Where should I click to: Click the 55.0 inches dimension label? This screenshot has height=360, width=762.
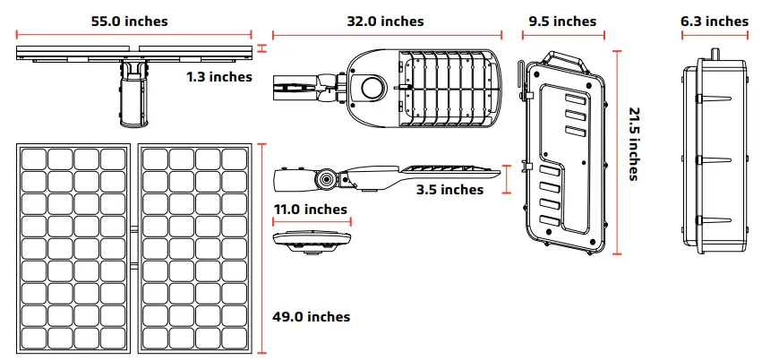click(129, 21)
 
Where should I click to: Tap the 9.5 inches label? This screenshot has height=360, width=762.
click(561, 21)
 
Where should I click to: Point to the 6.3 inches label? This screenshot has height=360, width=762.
click(714, 21)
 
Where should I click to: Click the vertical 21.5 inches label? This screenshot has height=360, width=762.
click(633, 144)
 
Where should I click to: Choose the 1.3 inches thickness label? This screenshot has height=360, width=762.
click(219, 77)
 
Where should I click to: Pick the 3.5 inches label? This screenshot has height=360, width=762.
click(449, 189)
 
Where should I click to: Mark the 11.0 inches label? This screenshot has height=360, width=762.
click(310, 210)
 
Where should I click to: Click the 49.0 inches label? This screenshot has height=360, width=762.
click(311, 317)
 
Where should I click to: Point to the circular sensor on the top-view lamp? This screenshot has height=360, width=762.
click(371, 87)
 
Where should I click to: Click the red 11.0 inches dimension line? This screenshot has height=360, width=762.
click(312, 221)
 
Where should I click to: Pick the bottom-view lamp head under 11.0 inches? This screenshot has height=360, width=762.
click(312, 240)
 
